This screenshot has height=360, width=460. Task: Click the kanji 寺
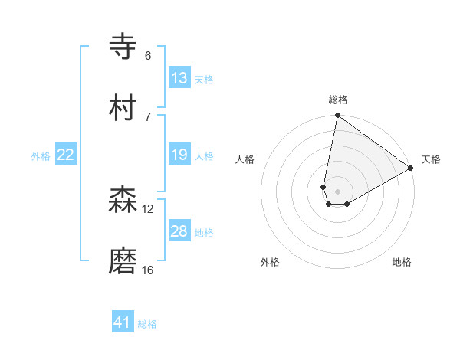click(123, 46)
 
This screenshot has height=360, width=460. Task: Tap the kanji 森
click(123, 200)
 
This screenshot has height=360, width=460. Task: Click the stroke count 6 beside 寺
click(147, 56)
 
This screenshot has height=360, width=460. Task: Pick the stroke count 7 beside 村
click(147, 116)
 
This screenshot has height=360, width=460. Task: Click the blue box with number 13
click(179, 78)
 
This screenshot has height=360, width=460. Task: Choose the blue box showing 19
click(179, 155)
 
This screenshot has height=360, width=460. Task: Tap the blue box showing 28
click(179, 231)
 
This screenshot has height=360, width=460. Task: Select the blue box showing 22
click(66, 155)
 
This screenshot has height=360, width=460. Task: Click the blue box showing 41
click(123, 322)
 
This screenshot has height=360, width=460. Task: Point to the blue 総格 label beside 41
click(147, 324)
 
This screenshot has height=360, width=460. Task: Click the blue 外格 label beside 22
click(41, 156)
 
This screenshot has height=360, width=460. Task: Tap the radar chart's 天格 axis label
click(431, 159)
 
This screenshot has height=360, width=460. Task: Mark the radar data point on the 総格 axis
click(337, 116)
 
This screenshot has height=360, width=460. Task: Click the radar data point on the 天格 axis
click(411, 169)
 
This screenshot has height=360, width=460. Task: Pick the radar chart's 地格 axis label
click(402, 262)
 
